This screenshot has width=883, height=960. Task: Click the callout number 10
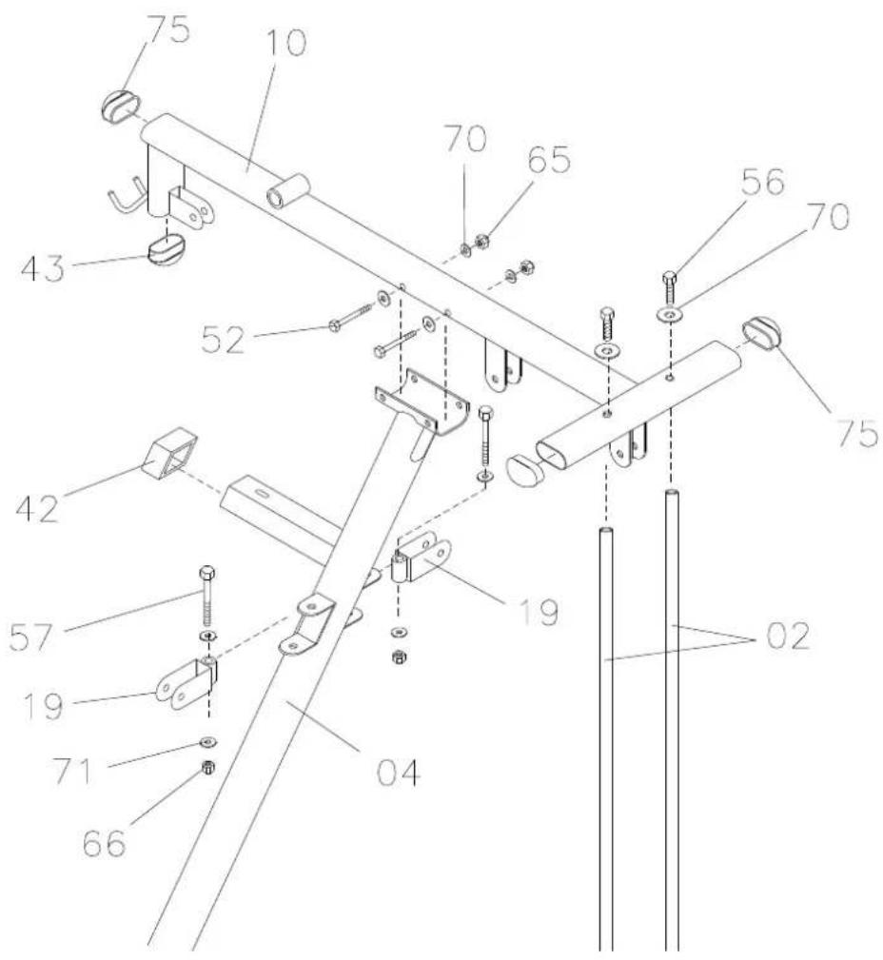(286, 44)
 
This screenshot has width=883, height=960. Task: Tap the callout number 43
(42, 268)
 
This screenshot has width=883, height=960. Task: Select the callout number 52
(223, 339)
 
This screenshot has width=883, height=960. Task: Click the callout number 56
(762, 181)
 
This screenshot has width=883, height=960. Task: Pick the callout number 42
(37, 507)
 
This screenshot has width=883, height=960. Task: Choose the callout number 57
(30, 637)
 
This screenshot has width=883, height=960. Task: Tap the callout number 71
(72, 771)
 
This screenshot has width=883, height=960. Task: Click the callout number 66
(105, 843)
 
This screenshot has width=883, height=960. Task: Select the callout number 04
(399, 772)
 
